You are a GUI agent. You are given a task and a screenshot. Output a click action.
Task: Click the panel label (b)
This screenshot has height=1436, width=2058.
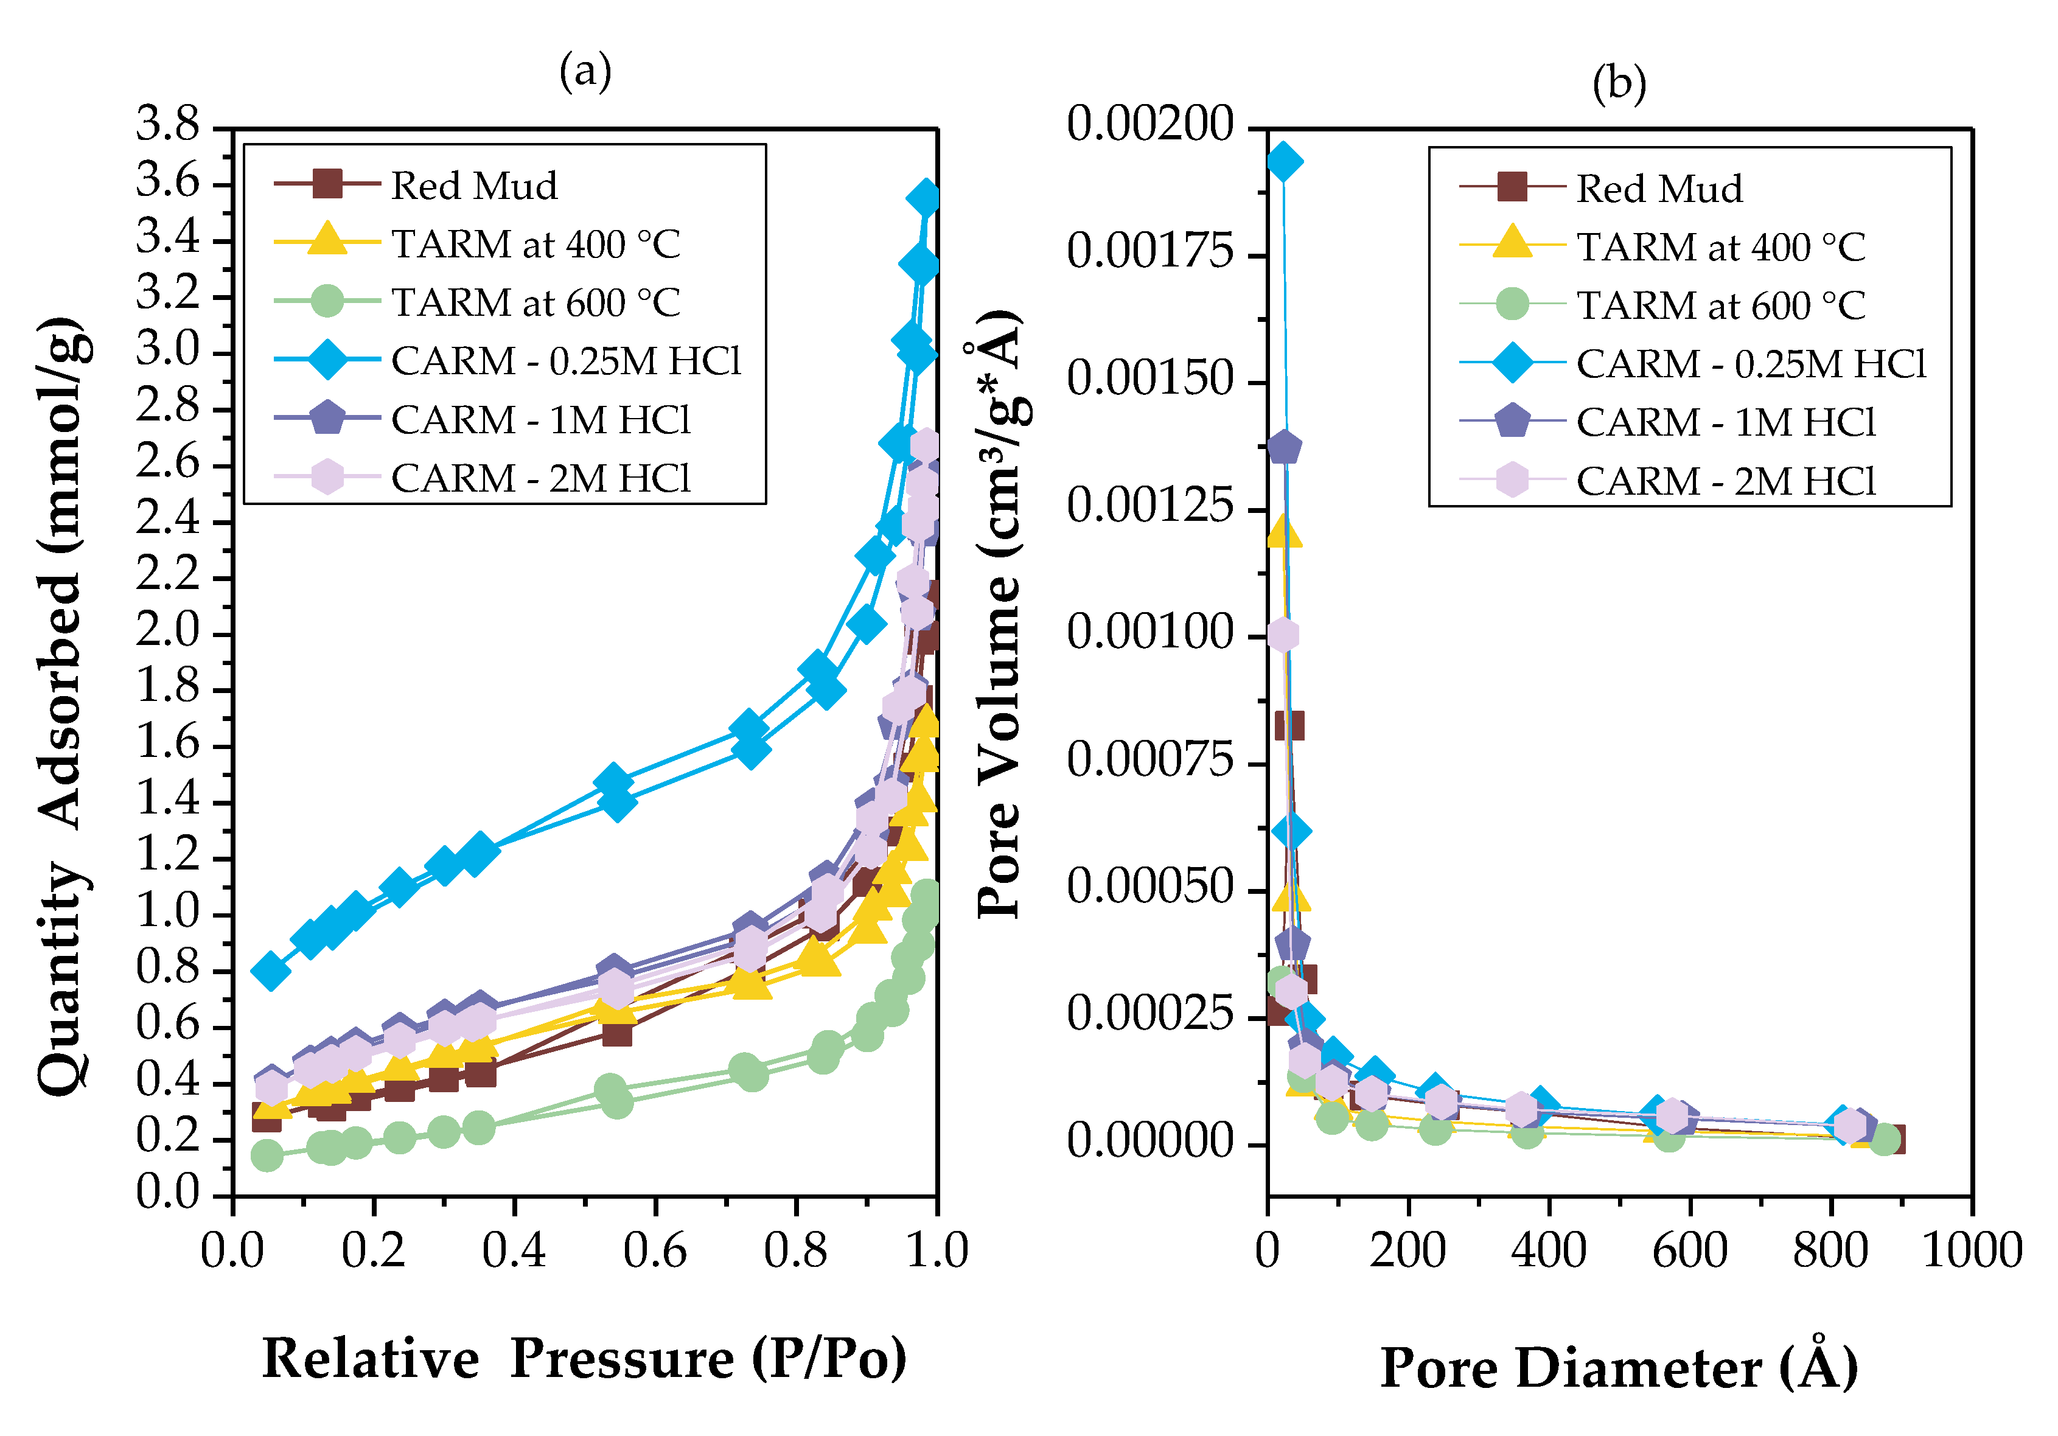(1619, 84)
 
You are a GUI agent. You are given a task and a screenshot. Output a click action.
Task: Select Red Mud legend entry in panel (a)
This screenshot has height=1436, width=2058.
(474, 186)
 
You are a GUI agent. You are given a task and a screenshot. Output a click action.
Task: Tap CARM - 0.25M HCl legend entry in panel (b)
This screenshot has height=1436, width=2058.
(1751, 364)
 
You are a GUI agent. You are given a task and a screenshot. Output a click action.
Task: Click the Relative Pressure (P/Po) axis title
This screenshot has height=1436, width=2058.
(584, 1359)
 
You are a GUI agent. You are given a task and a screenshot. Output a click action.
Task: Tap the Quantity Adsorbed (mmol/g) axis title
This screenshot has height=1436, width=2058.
(65, 705)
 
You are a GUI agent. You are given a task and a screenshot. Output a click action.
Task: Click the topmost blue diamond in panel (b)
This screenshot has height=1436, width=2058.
(1283, 162)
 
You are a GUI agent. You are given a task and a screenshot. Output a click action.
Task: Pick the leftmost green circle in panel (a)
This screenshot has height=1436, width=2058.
(266, 1155)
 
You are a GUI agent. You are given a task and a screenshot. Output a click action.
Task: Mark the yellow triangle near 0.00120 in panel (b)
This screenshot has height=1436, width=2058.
(1283, 532)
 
